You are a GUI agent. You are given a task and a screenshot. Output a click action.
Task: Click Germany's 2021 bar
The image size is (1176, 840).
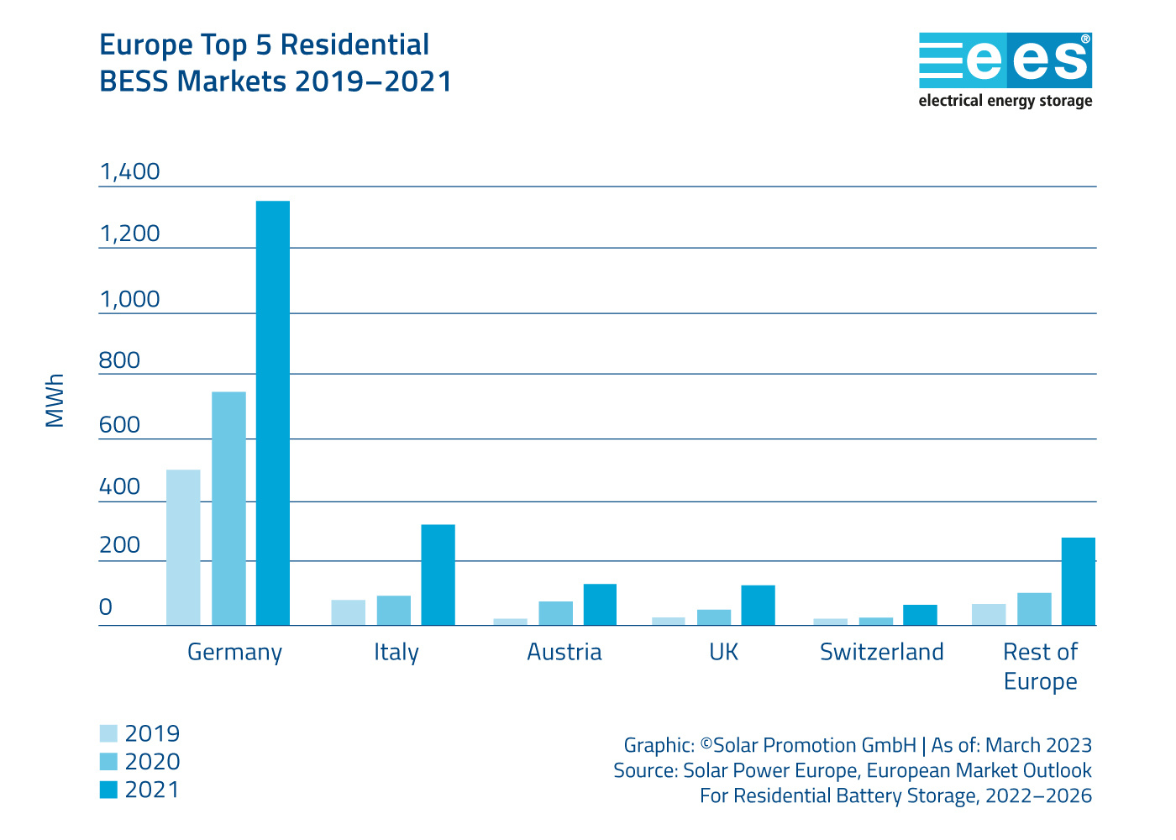273,412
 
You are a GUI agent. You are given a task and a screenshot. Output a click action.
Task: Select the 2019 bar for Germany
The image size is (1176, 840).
183,547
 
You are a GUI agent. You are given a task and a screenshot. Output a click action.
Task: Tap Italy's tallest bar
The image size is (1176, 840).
438,575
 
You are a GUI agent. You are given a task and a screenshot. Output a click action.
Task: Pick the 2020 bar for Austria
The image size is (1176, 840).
555,613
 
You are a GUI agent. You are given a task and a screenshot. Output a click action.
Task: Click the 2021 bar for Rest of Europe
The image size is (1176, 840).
1078,581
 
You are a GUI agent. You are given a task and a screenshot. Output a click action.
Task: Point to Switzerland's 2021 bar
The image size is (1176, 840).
920,615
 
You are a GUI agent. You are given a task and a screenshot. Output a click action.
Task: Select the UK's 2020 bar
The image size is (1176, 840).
714,617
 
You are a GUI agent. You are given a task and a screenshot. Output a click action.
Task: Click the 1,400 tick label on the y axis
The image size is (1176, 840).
129,172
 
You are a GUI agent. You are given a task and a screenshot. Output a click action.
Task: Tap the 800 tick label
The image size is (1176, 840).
119,361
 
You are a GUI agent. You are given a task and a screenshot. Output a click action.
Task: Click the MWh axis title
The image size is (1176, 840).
55,401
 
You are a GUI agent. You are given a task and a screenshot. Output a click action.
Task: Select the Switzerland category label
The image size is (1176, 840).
881,653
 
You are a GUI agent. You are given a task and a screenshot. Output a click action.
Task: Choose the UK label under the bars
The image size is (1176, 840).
723,653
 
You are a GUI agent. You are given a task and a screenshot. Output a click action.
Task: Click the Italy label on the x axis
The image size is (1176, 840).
396,653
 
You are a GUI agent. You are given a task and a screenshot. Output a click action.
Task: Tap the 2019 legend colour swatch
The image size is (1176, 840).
108,733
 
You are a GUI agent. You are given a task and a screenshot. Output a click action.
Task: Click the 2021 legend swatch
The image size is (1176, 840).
108,790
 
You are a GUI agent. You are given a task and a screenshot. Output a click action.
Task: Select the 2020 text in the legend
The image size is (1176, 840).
152,762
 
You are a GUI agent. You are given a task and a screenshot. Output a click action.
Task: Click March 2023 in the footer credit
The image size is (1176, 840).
1038,745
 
